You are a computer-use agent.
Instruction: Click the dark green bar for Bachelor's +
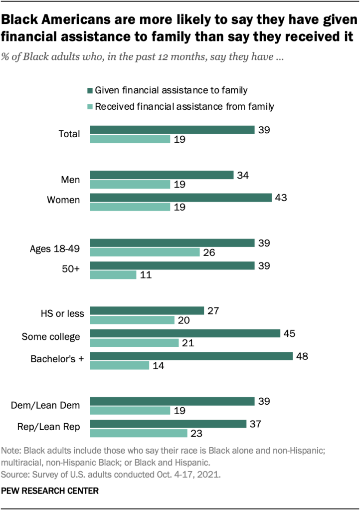pyautogui.click(x=191, y=356)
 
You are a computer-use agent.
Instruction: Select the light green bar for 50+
pyautogui.click(x=113, y=274)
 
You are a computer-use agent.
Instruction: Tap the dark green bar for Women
pyautogui.click(x=180, y=198)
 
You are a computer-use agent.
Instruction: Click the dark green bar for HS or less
pyautogui.click(x=147, y=311)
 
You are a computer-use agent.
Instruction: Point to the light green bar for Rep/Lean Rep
pyautogui.click(x=139, y=433)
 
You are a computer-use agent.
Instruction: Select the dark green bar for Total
pyautogui.click(x=172, y=130)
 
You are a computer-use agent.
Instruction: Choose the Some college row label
pyautogui.click(x=51, y=337)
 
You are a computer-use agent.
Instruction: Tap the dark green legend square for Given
pyautogui.click(x=90, y=91)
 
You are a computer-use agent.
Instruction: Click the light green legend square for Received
pyautogui.click(x=90, y=106)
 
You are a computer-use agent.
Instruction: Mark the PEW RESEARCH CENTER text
pyautogui.click(x=51, y=491)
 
